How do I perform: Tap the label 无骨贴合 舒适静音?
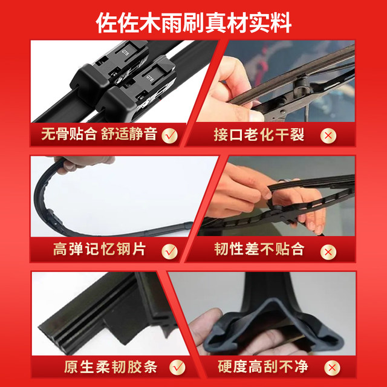99,134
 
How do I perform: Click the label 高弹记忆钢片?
100,249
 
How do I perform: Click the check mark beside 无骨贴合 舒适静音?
170,134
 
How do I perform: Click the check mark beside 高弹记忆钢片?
170,249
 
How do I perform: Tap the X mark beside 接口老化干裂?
328,135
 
